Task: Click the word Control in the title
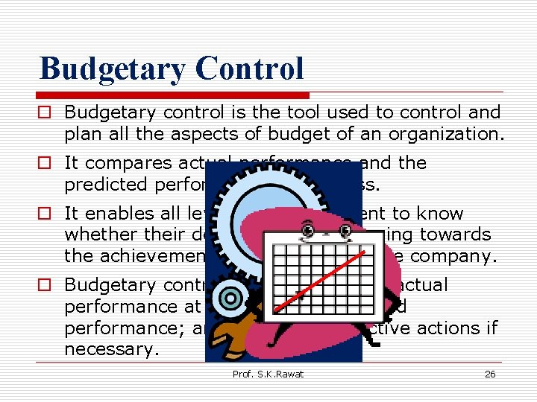tap(250, 68)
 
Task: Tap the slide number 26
tap(490, 374)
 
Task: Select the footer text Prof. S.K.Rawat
tap(268, 374)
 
